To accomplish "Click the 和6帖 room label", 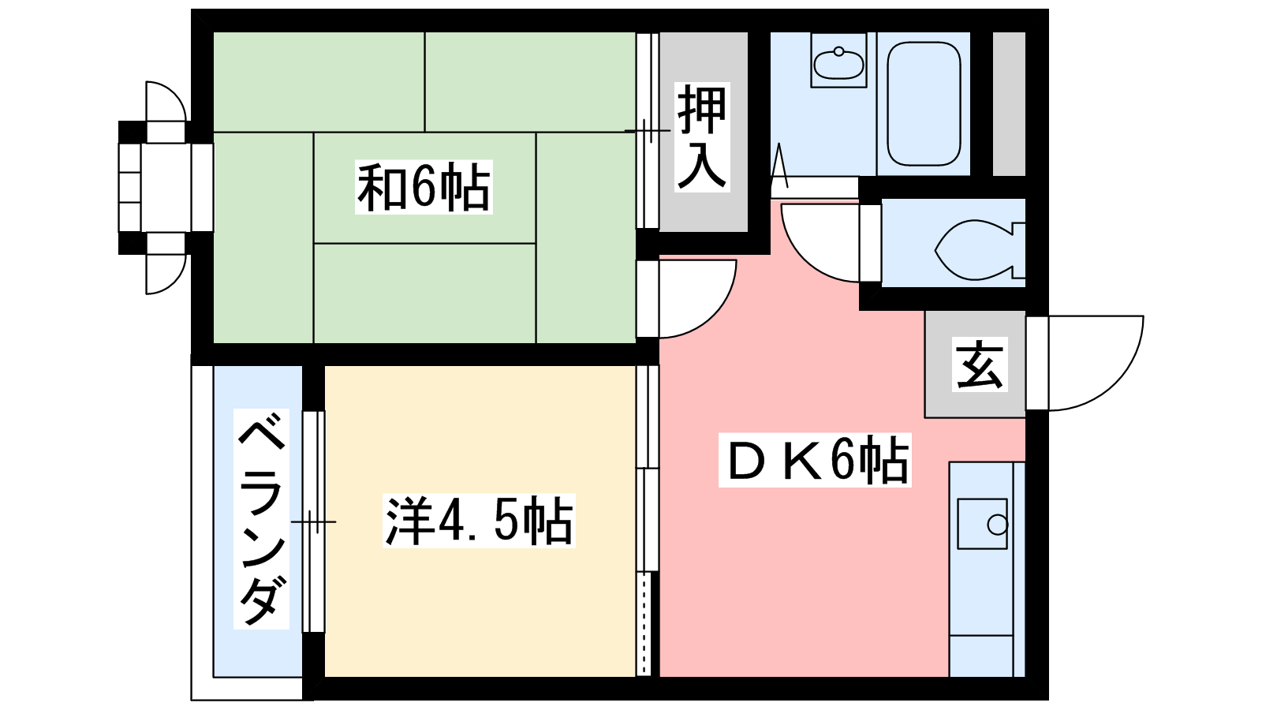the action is coord(424,187).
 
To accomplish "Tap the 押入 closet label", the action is coord(702,137).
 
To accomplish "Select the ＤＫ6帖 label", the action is coord(815,461).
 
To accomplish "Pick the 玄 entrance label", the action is coord(980,364).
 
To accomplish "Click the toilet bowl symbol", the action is coord(980,249).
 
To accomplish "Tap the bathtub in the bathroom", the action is coord(924,104).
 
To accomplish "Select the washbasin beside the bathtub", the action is coord(838,60).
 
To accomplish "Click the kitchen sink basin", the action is coord(982,524).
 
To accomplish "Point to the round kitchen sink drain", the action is coord(997,525).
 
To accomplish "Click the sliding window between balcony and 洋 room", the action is coord(314,521).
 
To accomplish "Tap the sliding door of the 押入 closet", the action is coord(648,131).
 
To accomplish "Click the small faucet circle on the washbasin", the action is coord(838,52).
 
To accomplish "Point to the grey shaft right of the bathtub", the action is coord(1009,103).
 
